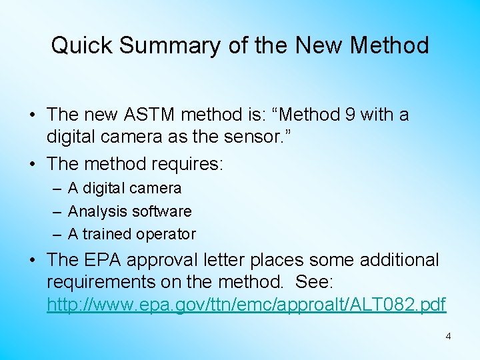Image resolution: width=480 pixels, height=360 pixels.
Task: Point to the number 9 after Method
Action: (x=349, y=115)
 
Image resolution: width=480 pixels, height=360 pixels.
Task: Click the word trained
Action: (x=107, y=234)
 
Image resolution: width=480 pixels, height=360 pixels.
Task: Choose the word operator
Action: (x=166, y=234)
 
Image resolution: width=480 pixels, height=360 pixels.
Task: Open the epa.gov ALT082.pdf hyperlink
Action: (x=246, y=305)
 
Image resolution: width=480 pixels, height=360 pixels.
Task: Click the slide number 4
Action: (x=448, y=337)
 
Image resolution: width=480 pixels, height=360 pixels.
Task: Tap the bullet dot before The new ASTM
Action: (x=33, y=115)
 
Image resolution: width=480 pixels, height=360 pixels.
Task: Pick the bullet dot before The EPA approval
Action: (x=33, y=260)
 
